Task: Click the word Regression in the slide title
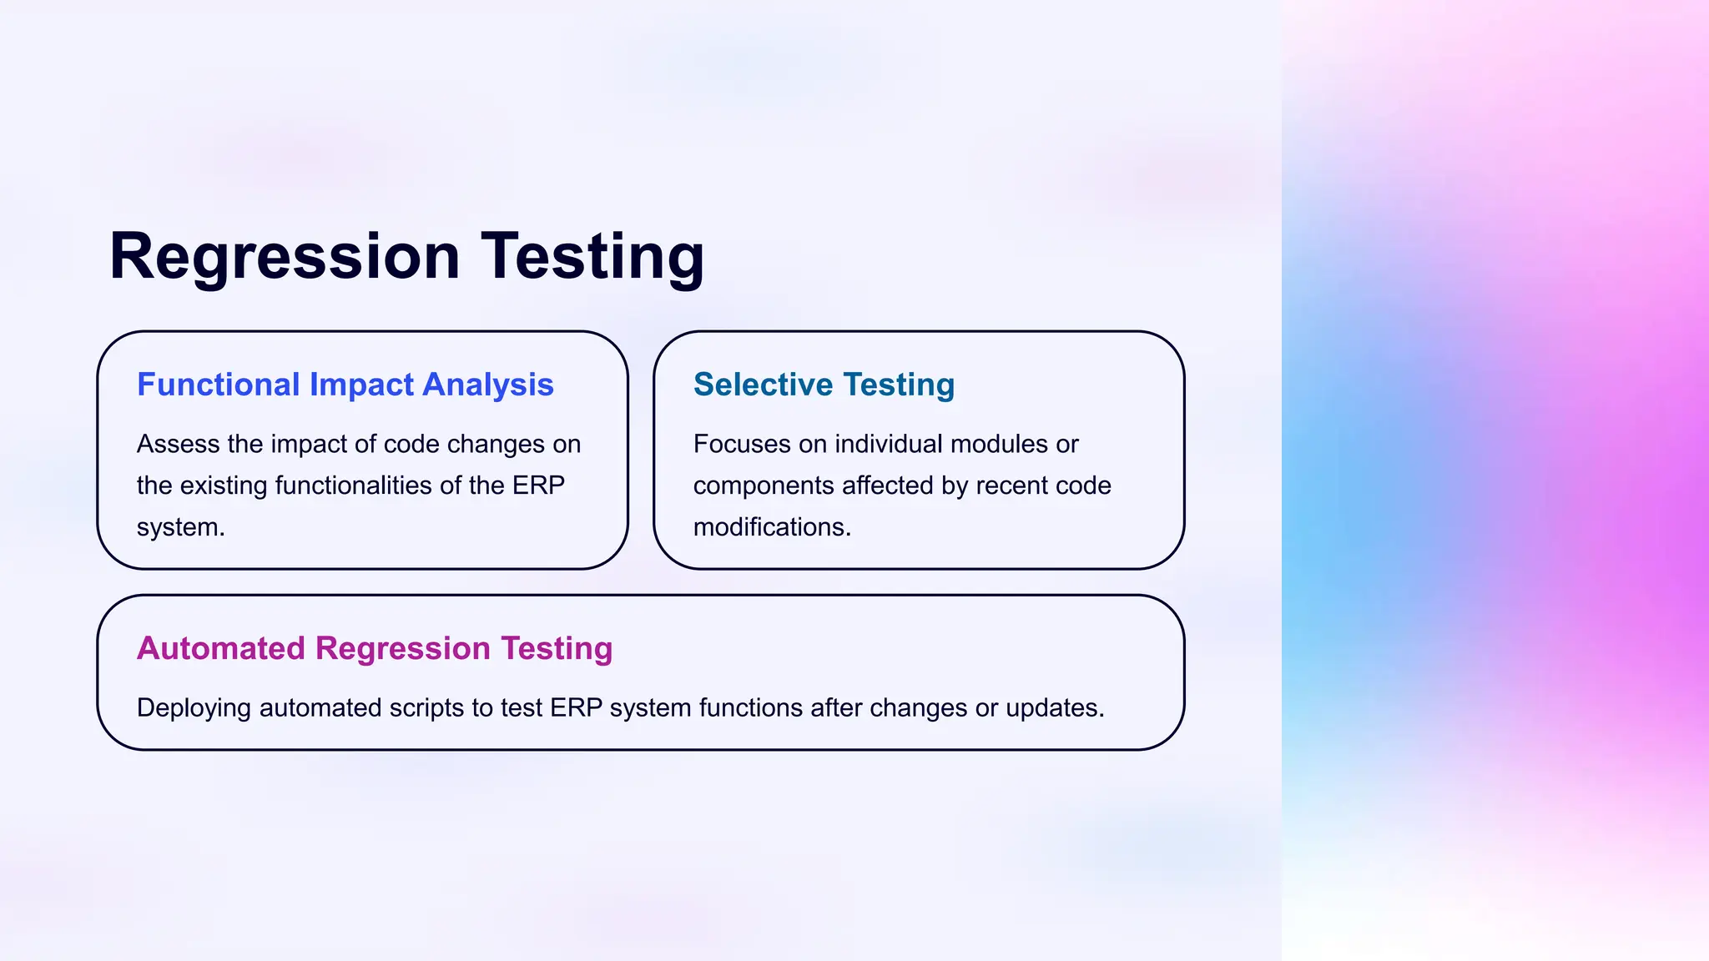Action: click(x=285, y=256)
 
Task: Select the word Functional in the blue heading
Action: click(x=218, y=385)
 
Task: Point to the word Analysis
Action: click(x=488, y=385)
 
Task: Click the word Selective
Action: click(x=763, y=385)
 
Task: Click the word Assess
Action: click(x=178, y=444)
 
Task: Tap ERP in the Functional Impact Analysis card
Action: click(x=538, y=486)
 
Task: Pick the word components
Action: click(x=764, y=486)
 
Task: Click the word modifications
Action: click(x=771, y=527)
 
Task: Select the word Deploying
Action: click(x=194, y=707)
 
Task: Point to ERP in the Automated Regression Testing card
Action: click(x=576, y=707)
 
